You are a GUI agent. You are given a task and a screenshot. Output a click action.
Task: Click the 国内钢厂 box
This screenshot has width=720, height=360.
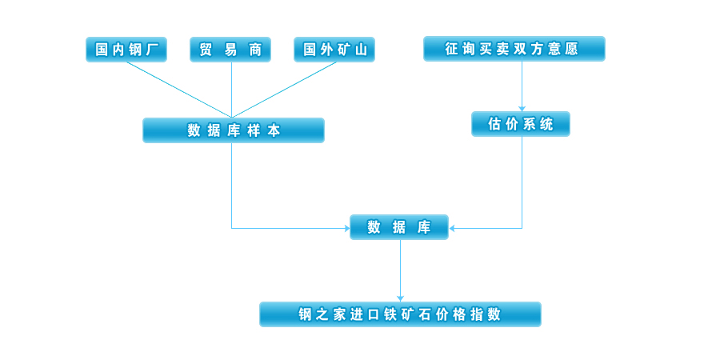click(126, 50)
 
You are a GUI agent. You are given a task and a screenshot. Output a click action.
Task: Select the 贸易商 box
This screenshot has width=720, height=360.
click(230, 50)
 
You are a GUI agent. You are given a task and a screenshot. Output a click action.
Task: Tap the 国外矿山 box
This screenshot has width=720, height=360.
click(334, 50)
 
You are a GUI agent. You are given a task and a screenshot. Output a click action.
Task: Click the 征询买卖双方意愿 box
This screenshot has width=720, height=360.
click(514, 49)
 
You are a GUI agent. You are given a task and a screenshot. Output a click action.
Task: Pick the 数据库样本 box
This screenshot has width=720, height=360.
click(234, 130)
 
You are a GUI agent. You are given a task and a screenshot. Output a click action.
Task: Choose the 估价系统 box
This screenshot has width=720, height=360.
click(521, 124)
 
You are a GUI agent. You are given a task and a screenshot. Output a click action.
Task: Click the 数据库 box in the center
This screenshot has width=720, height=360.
click(399, 227)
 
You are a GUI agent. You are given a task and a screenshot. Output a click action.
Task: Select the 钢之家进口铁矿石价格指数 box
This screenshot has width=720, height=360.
click(400, 314)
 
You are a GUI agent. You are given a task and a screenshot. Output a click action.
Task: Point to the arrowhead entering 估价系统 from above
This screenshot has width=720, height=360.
click(522, 108)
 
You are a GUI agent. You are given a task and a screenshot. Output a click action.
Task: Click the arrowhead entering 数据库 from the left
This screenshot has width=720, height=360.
click(346, 229)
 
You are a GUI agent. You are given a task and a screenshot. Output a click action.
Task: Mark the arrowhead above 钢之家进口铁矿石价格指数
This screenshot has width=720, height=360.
click(400, 298)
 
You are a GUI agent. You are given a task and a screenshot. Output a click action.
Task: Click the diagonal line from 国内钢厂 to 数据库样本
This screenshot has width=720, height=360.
click(178, 90)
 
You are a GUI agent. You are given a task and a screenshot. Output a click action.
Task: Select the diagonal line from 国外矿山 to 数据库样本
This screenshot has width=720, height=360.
click(284, 90)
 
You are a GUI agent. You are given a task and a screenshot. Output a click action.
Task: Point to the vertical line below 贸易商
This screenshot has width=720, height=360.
click(231, 88)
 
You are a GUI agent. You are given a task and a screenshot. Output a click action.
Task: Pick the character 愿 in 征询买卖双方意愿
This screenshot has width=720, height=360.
click(571, 49)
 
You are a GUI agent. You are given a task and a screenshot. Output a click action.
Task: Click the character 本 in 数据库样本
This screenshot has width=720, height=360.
click(274, 130)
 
